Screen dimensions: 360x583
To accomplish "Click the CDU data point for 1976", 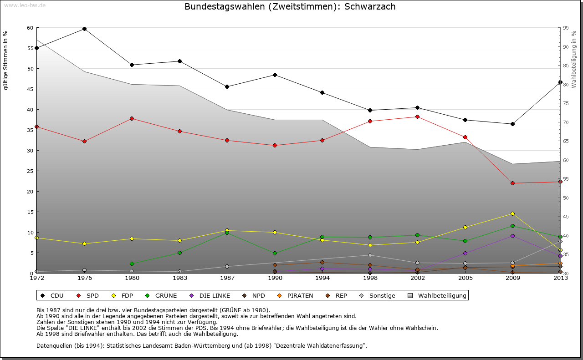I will click(84, 29).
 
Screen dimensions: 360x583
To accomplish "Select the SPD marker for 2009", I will click(512, 183).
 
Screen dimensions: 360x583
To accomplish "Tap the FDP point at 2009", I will click(512, 213).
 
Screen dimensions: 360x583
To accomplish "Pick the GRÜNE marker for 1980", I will click(132, 264).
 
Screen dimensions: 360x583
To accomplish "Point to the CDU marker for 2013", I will click(560, 82).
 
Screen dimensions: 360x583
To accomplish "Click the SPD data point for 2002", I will click(417, 117).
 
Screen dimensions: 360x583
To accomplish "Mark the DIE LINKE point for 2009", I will click(512, 236).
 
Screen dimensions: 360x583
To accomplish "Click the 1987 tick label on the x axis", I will click(227, 278).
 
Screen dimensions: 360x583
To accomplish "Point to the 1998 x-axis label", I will click(370, 278).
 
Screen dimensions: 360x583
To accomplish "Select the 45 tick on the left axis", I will click(30, 89).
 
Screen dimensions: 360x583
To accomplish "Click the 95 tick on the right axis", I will click(566, 28).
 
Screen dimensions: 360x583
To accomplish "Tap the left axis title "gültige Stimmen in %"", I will click(6, 60).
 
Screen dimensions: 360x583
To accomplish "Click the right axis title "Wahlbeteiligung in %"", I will click(574, 59).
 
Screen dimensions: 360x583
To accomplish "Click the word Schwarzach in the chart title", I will click(370, 7).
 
